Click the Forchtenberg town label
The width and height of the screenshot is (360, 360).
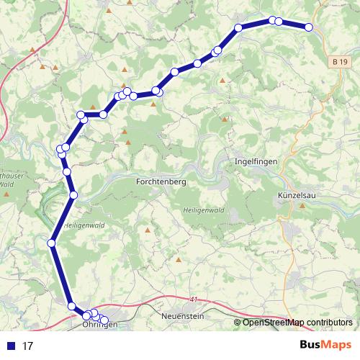[x=161, y=182]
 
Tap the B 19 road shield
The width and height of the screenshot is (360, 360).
[x=343, y=63]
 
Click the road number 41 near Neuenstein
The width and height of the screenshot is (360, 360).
[x=193, y=298]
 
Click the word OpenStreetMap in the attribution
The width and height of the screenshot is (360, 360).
[x=274, y=323]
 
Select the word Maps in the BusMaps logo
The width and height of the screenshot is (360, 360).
[x=336, y=345]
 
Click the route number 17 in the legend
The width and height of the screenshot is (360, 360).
[x=28, y=346]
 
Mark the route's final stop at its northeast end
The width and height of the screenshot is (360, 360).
[x=309, y=27]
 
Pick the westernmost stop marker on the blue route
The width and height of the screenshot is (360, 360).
[x=51, y=243]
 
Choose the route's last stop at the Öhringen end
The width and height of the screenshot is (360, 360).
[x=104, y=320]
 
